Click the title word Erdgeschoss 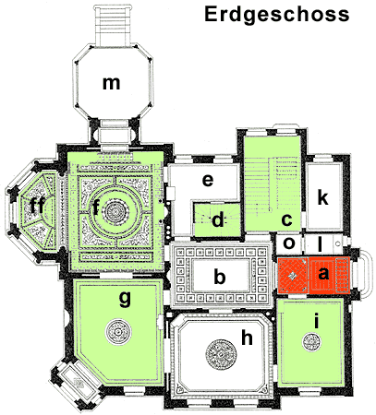coord(277,15)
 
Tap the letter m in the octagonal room coord(111,83)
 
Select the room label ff coord(37,206)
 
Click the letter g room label coord(125,299)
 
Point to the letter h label coord(247,338)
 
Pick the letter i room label coord(316,321)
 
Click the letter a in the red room coord(323,273)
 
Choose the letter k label coord(322,197)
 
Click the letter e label coord(208,180)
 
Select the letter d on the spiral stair coord(218,219)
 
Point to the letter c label coord(286,220)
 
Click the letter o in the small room coord(289,243)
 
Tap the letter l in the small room coord(320,244)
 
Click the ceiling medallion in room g coord(118,332)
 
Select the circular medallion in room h coord(221,354)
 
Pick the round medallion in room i coord(311,342)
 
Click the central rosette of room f coord(116,211)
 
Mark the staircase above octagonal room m coord(113,25)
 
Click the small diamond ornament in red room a coord(293,276)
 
